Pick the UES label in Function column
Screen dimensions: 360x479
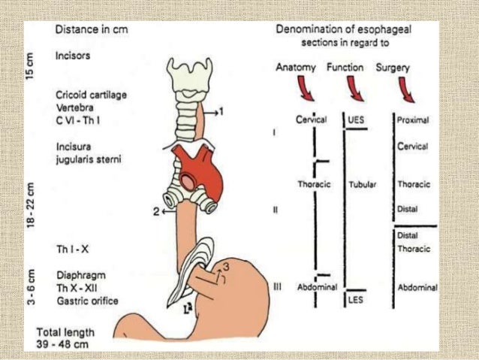pos(355,119)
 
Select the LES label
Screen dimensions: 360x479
pos(355,300)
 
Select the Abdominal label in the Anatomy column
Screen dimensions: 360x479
pos(318,286)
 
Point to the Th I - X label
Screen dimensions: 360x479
pos(69,247)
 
